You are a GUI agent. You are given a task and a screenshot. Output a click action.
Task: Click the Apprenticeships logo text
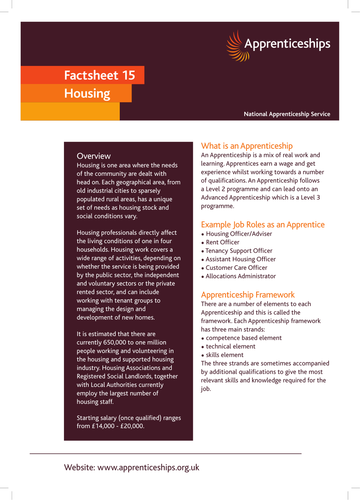(x=288, y=44)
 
